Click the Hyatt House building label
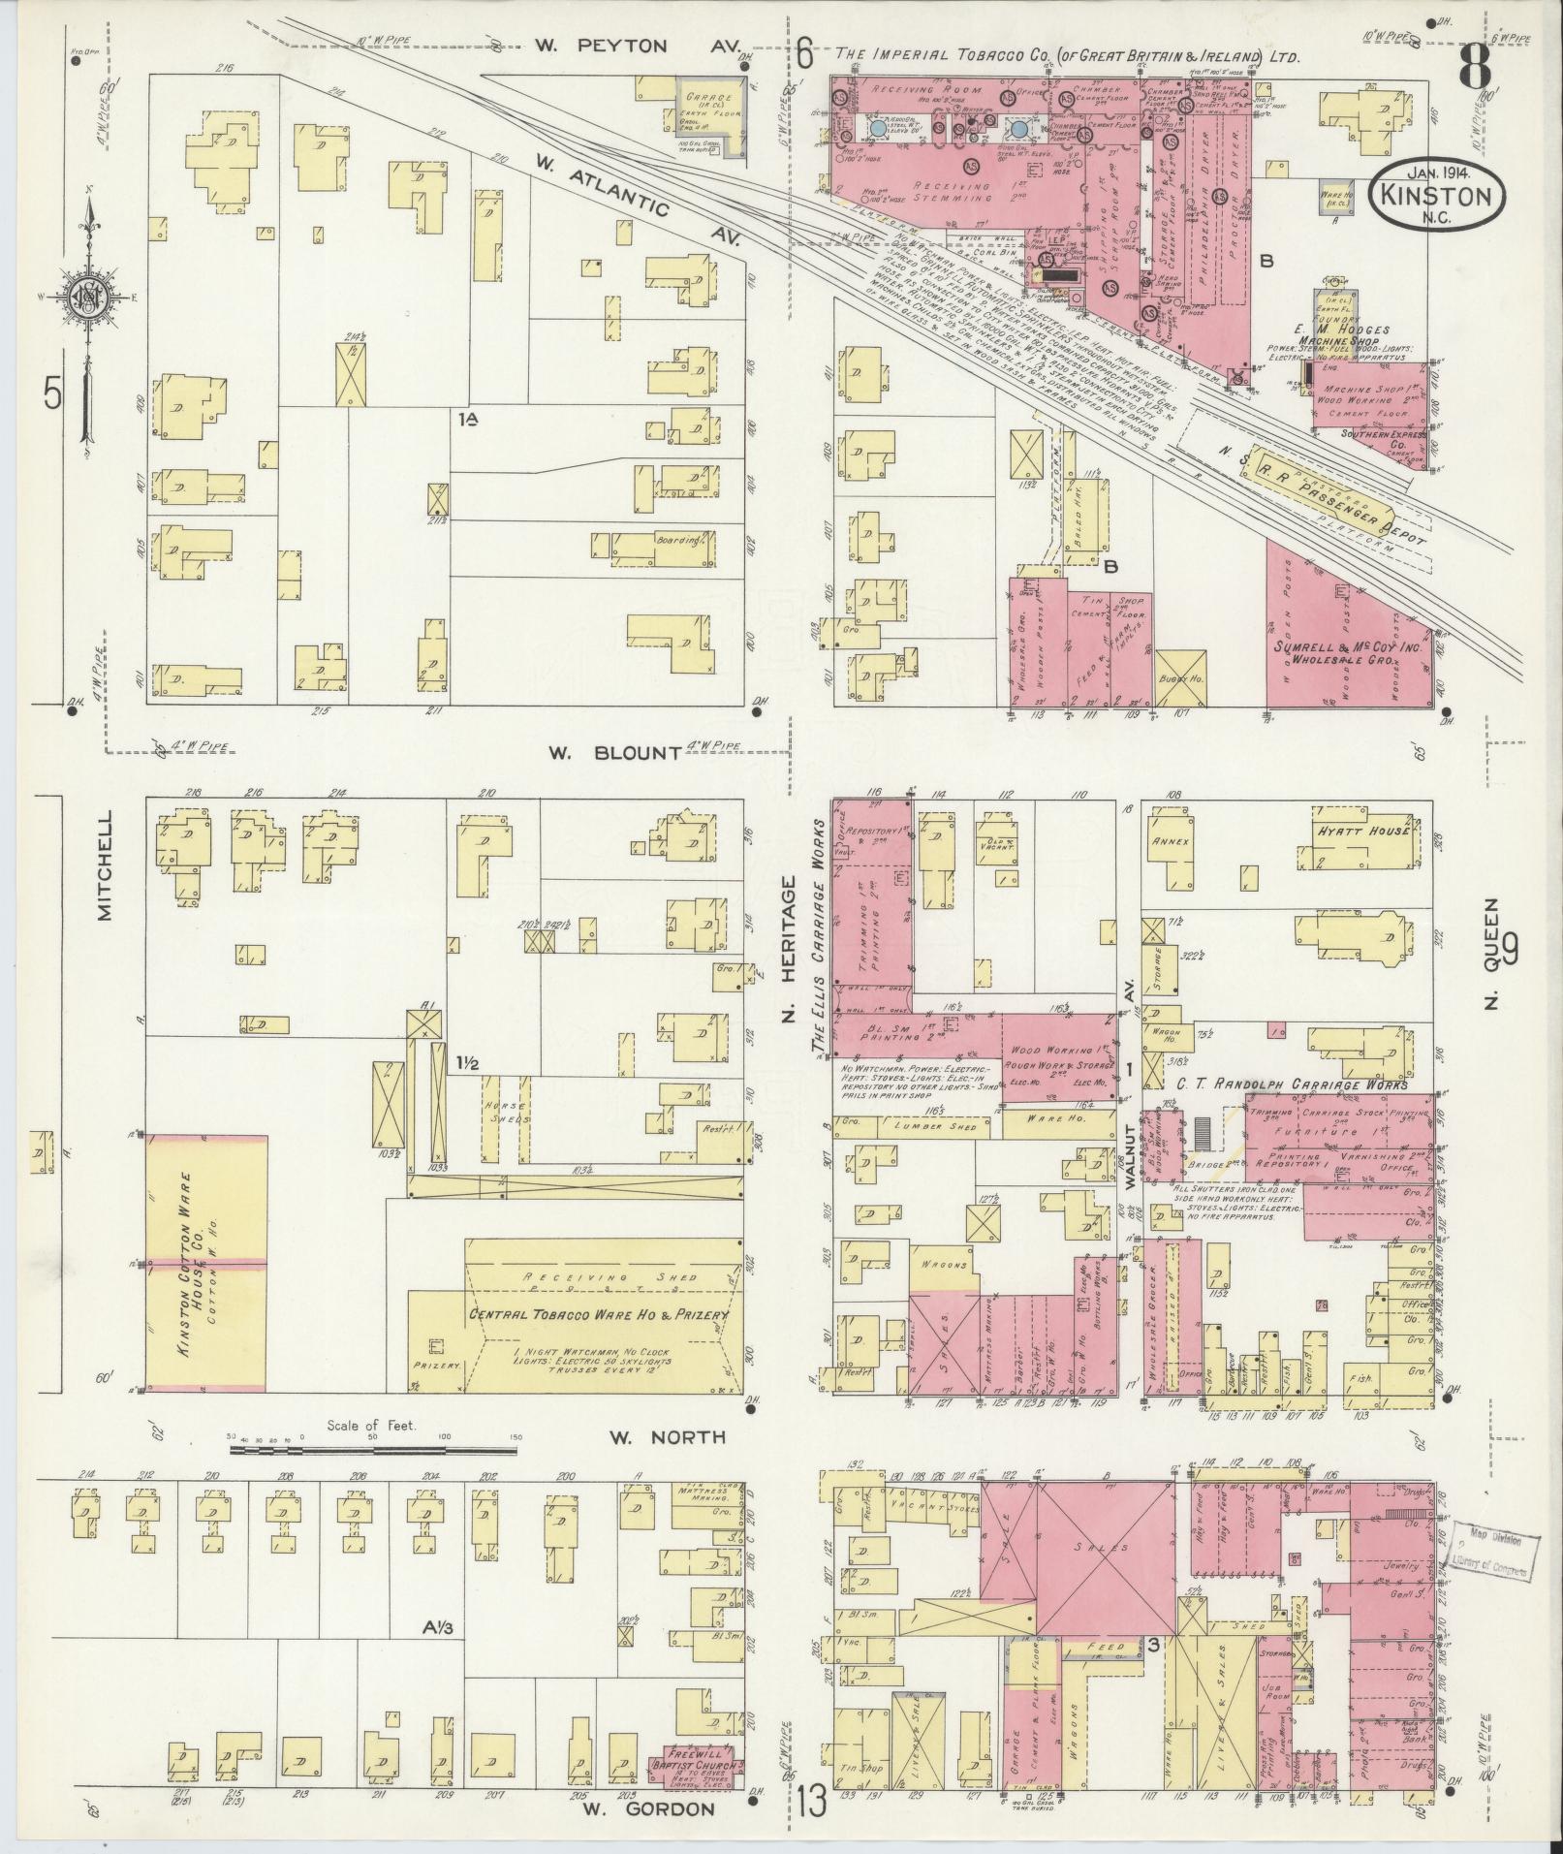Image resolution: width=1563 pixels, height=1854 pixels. pos(1360,833)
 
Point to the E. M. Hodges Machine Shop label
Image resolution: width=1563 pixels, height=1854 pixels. pos(1351,337)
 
